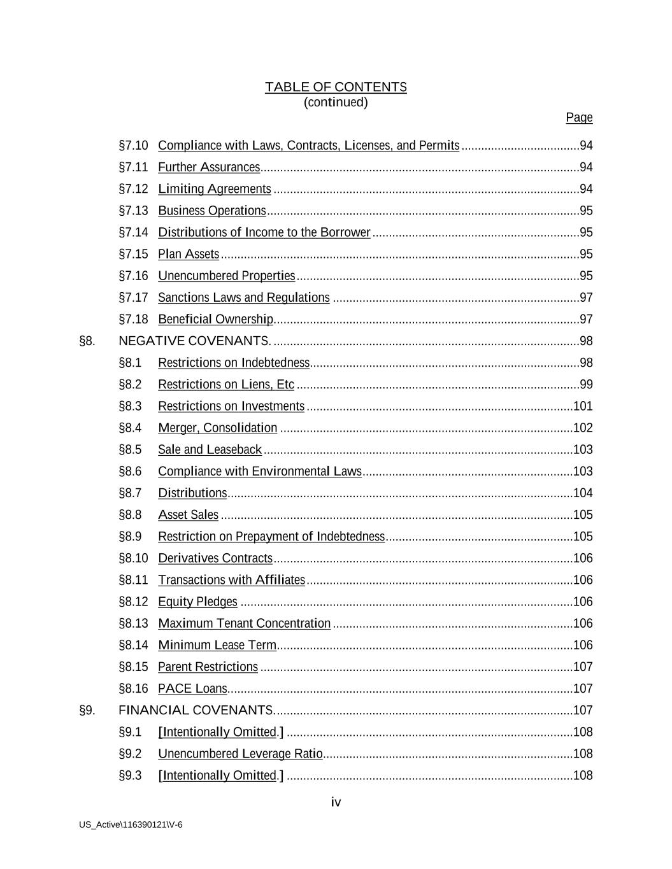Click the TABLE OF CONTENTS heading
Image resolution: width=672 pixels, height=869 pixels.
point(336,87)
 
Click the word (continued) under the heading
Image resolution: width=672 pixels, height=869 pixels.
point(336,102)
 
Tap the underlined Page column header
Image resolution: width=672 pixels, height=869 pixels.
point(579,118)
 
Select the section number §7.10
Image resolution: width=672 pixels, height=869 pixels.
point(133,146)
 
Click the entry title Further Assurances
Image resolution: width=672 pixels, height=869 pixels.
point(209,167)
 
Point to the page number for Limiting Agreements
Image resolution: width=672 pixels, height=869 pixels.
point(586,189)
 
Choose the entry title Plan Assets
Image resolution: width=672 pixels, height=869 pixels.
point(189,254)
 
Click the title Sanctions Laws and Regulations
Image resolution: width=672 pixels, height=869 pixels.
point(244,297)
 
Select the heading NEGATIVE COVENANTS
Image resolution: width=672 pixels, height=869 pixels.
point(195,341)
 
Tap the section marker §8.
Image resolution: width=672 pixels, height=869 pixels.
point(87,341)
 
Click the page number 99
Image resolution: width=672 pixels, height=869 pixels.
point(586,385)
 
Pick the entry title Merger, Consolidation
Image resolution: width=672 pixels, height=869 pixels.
point(218,428)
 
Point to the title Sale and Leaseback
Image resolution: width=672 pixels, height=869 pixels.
point(210,449)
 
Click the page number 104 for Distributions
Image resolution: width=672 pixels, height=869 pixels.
point(583,493)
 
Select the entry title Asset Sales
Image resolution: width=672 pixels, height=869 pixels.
point(188,514)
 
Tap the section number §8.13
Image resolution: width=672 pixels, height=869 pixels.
point(133,623)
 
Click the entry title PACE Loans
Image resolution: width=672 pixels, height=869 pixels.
point(192,688)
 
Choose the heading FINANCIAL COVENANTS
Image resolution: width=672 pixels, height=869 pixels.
point(196,710)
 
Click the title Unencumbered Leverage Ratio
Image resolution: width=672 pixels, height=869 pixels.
point(240,754)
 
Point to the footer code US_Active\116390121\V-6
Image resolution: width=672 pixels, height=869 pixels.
point(131,825)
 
